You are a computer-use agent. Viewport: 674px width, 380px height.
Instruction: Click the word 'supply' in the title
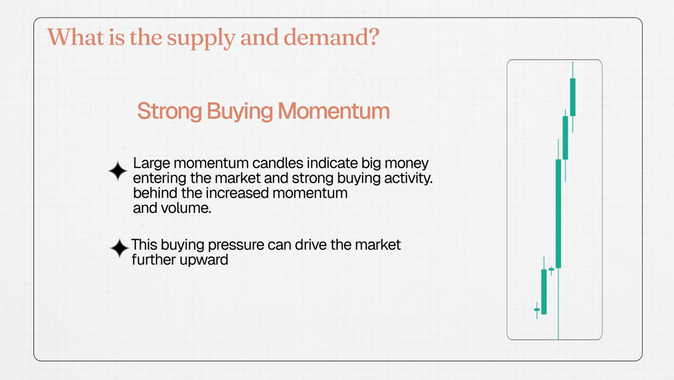point(201,38)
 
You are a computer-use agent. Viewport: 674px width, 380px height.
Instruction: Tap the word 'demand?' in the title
point(331,37)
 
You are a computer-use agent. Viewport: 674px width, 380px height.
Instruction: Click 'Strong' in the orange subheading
point(169,111)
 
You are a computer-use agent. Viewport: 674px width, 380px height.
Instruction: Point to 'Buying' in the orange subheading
point(240,112)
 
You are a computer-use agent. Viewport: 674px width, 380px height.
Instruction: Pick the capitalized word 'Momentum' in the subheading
point(334,111)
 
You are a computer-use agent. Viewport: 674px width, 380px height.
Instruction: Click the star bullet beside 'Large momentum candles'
point(118,171)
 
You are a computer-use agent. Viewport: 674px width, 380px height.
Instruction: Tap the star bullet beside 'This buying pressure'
point(119,248)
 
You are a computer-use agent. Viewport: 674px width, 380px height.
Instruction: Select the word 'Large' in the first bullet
point(152,164)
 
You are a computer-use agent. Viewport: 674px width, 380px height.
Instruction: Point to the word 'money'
point(407,164)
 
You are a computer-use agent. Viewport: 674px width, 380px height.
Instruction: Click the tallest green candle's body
point(558,214)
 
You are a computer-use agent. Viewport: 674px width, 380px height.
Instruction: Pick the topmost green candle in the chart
point(573,97)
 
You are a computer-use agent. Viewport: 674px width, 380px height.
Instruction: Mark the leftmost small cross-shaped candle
point(537,310)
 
